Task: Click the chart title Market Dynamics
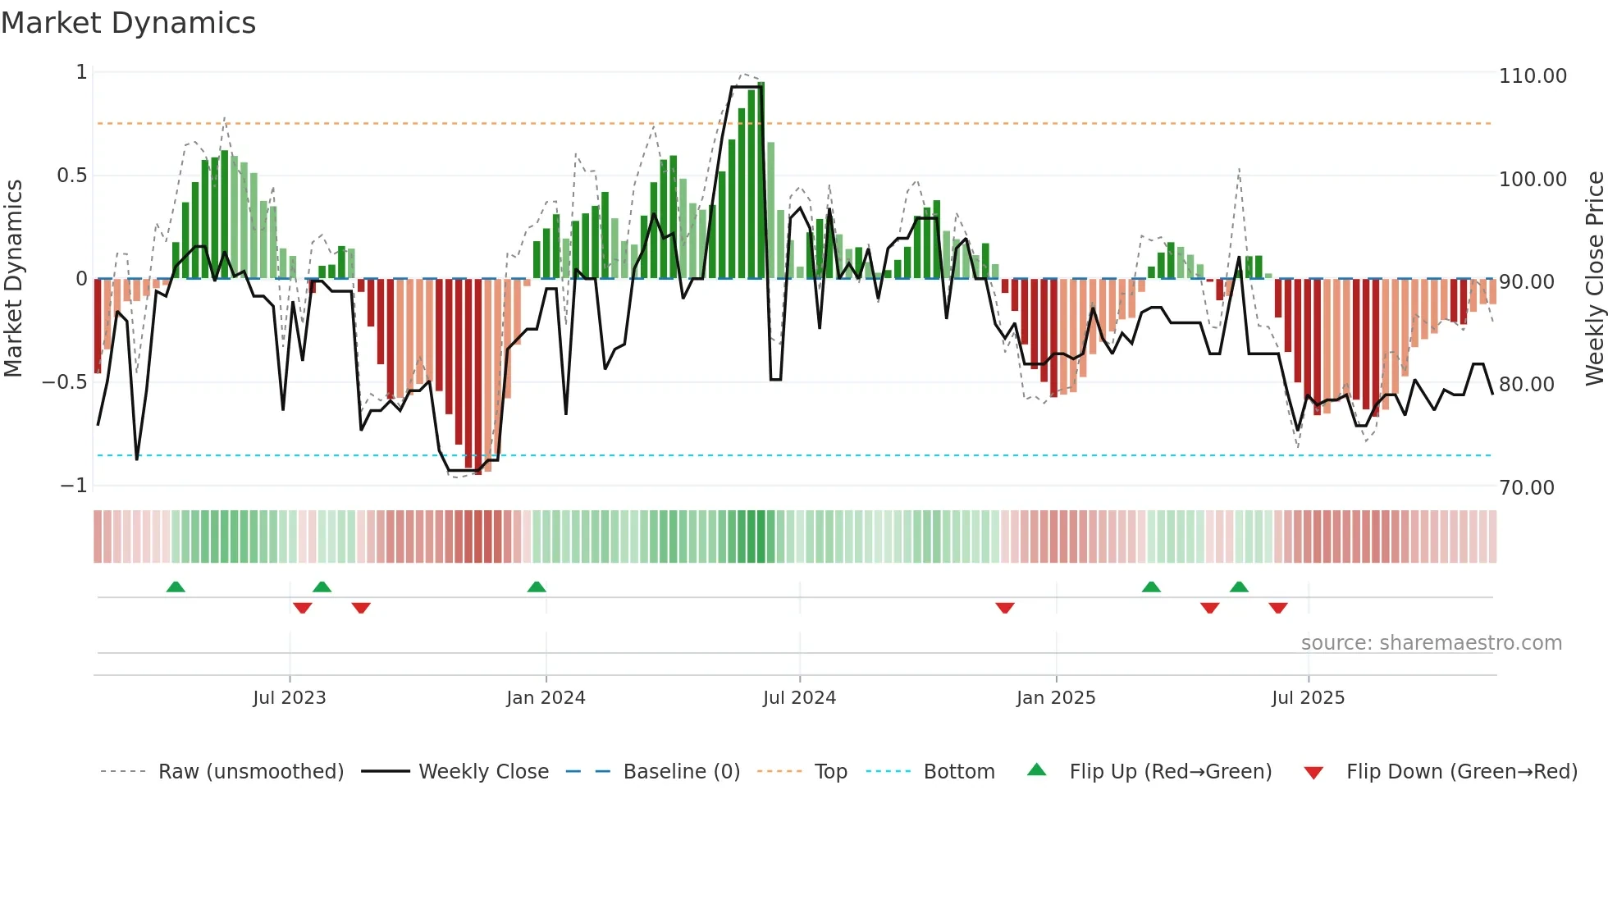click(x=128, y=23)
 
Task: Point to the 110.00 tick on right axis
click(x=1532, y=76)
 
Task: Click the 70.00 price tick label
click(x=1526, y=488)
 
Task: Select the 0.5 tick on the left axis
click(x=71, y=176)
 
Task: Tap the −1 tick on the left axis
click(x=74, y=486)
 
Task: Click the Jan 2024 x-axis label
click(x=546, y=698)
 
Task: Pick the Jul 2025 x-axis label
click(x=1308, y=698)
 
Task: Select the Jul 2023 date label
click(x=289, y=698)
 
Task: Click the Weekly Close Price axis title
click(x=1594, y=279)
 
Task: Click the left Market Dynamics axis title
click(x=13, y=279)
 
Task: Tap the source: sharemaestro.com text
click(x=1431, y=643)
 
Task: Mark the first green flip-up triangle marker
click(x=176, y=587)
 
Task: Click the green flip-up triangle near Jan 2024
click(x=537, y=587)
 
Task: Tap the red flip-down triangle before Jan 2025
click(x=1005, y=608)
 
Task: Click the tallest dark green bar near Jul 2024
click(x=761, y=180)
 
